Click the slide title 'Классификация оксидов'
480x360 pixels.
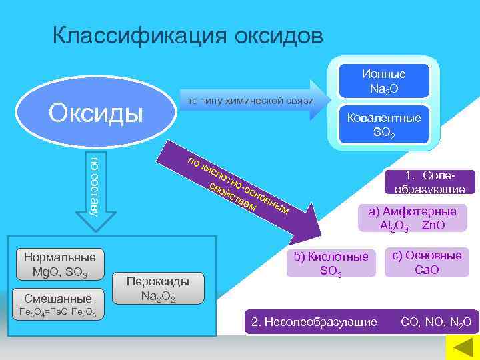click(188, 35)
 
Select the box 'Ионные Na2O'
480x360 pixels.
click(383, 81)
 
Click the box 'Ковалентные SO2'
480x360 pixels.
click(383, 125)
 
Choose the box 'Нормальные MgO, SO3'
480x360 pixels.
click(59, 265)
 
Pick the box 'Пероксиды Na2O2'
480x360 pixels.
click(158, 289)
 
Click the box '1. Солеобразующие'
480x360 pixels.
click(429, 181)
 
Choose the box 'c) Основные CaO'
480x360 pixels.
click(427, 262)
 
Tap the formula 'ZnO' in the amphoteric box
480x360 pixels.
click(433, 225)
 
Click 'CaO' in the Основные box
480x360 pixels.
click(427, 269)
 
